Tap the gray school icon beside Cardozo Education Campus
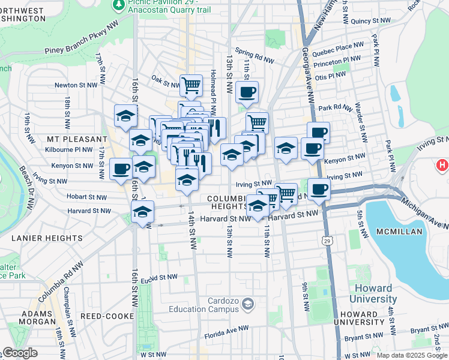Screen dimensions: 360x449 (x=247, y=305)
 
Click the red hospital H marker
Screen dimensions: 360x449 (x=442, y=164)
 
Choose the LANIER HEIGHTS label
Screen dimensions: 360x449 (x=47, y=238)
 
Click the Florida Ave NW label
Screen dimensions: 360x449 (x=226, y=329)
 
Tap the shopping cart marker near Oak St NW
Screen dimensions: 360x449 (x=191, y=85)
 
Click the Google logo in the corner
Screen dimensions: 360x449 (x=20, y=353)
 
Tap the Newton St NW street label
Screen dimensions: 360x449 (x=76, y=85)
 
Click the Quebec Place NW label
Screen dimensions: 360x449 (x=342, y=45)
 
